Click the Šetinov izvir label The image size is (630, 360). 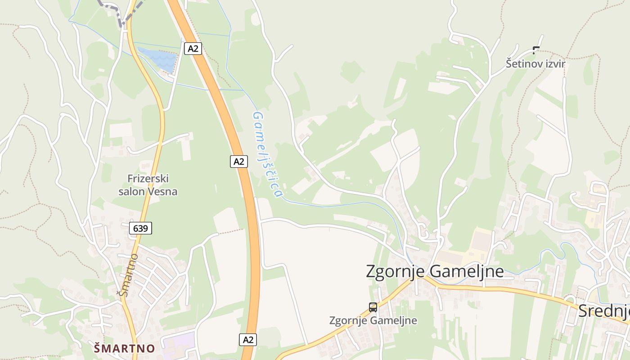coord(535,63)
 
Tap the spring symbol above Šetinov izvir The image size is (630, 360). coord(535,49)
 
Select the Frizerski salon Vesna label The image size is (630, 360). coord(148,185)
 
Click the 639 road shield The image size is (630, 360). coord(140,228)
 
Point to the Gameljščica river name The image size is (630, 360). coord(268,154)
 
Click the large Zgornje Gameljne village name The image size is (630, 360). coord(434,271)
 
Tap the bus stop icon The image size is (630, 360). coord(373,307)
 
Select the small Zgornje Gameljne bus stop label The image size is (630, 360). coord(373,320)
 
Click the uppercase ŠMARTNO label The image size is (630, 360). coord(125,348)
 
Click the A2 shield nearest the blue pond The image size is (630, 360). coord(193,48)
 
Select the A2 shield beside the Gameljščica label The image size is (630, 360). coord(239,161)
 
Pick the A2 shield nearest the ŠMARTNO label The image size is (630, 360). coord(247,339)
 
